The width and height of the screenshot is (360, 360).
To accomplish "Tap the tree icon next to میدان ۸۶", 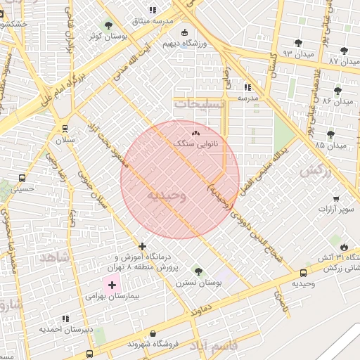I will (338, 91).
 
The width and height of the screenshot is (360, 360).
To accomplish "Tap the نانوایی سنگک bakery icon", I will (195, 131).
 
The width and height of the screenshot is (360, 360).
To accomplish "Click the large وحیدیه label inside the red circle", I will (166, 195).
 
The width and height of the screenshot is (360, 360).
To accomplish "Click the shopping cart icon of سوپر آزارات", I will (336, 198).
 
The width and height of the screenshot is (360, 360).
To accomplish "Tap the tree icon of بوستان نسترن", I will (198, 271).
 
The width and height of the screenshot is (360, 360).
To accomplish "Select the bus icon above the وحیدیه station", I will (303, 273).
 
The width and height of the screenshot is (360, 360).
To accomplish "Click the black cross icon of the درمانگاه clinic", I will (143, 246).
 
